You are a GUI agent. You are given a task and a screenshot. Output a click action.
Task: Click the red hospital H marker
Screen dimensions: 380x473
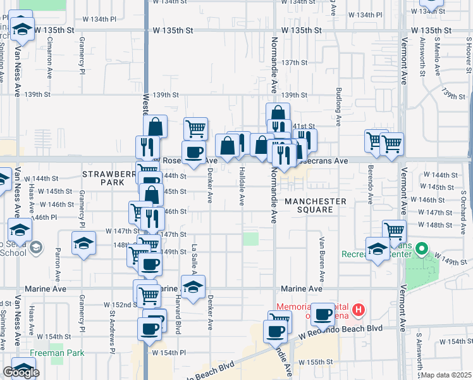pyautogui.click(x=359, y=310)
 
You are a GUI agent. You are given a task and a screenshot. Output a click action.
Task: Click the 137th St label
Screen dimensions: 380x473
pyautogui.click(x=294, y=63)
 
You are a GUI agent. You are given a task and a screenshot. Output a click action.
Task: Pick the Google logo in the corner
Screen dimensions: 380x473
pyautogui.click(x=21, y=372)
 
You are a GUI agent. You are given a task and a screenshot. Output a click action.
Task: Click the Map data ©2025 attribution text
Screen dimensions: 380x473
pyautogui.click(x=446, y=375)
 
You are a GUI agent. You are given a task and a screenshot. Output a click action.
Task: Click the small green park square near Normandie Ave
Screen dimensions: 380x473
pyautogui.click(x=252, y=239)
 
